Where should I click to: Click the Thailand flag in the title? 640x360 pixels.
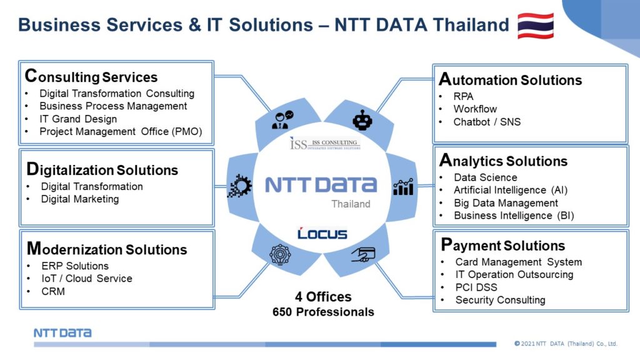536,26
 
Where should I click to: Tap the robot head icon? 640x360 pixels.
362,120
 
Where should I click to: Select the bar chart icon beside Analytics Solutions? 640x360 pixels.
403,187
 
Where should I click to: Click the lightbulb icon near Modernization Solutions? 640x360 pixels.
280,255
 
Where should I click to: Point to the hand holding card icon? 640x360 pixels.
363,254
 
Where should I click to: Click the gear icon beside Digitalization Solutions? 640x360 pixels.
239,186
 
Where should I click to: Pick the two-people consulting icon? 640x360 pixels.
282,120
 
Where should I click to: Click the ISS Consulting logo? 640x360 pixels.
325,144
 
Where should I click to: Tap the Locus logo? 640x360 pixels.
322,234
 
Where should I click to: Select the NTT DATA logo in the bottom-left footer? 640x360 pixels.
62,332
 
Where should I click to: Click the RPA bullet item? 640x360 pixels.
463,97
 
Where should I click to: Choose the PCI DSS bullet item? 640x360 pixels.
476,287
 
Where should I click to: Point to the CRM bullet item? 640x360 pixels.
53,291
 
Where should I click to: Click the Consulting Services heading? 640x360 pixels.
91,76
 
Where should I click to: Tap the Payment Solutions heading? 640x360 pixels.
503,245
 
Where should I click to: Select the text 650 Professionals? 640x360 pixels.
323,312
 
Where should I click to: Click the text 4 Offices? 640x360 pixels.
323,297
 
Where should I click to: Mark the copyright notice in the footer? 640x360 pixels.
566,344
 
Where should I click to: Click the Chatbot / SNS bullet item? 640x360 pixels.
487,122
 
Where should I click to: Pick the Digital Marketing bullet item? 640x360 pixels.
80,199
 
